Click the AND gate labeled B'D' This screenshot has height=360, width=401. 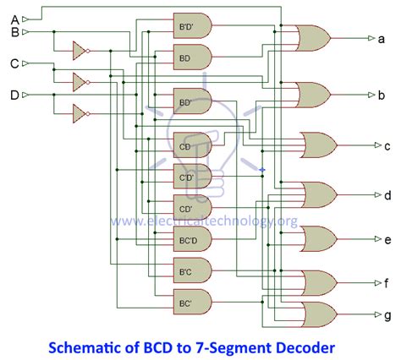pyautogui.click(x=189, y=26)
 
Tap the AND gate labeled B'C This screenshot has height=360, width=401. pyautogui.click(x=189, y=270)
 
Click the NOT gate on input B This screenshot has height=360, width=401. pyautogui.click(x=80, y=51)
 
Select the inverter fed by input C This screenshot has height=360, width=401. pyautogui.click(x=80, y=82)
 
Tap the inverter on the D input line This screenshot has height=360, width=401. pyautogui.click(x=80, y=112)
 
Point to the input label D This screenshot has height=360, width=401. pyautogui.click(x=14, y=95)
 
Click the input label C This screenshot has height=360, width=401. pyautogui.click(x=14, y=63)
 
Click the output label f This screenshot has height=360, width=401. pyautogui.click(x=387, y=283)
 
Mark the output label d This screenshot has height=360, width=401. pyautogui.click(x=387, y=195)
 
